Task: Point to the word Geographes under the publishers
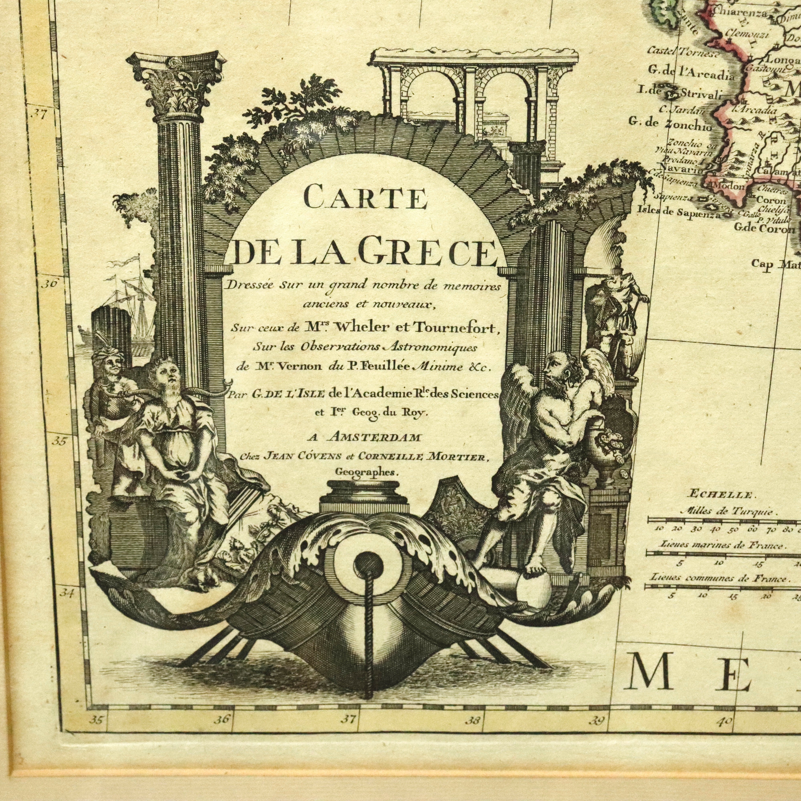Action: [366, 471]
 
